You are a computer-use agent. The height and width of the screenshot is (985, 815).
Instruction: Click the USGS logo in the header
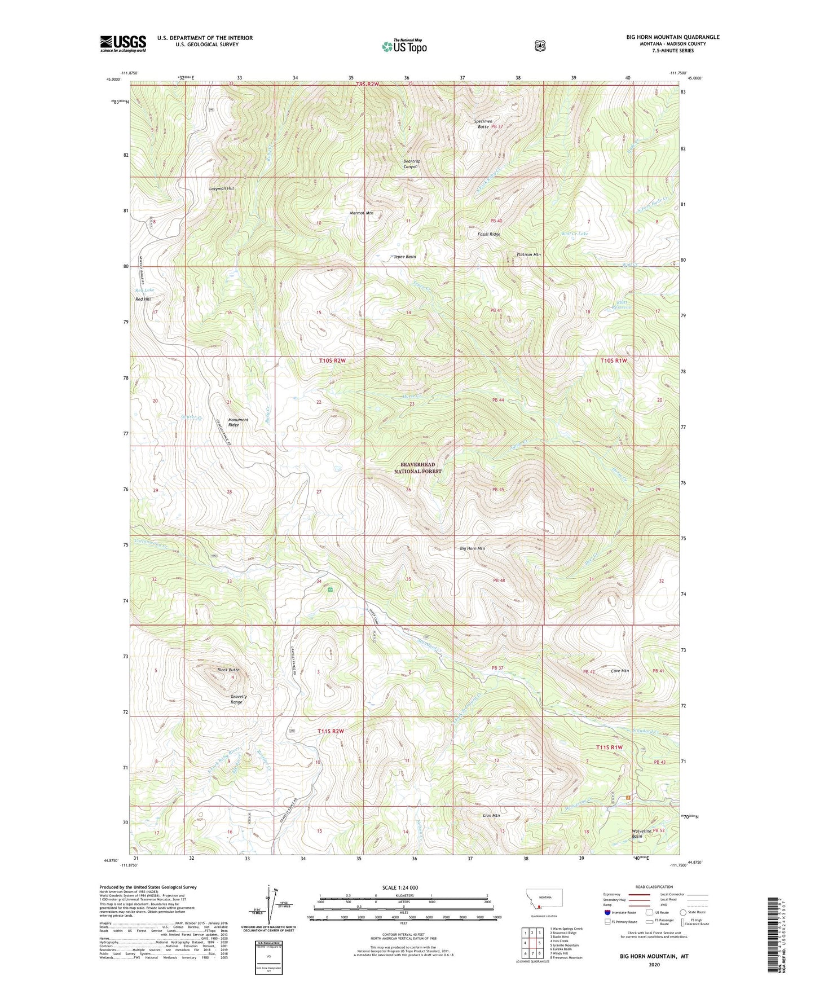[x=123, y=43]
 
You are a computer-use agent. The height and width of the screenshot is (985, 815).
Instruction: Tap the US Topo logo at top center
[x=403, y=46]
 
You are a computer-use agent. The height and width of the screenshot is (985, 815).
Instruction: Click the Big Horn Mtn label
[x=472, y=548]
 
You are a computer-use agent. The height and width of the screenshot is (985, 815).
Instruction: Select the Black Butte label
[x=228, y=670]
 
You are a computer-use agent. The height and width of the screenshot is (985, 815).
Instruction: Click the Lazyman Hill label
[x=221, y=188]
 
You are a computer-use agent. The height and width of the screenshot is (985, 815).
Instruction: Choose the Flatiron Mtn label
[x=528, y=255]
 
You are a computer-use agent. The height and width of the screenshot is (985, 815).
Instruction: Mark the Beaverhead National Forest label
[x=417, y=468]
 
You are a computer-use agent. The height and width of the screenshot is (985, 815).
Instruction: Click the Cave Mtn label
[x=620, y=671]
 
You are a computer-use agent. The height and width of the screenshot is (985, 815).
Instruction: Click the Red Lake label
[x=144, y=290]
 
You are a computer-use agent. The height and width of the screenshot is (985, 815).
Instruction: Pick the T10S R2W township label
[x=332, y=360]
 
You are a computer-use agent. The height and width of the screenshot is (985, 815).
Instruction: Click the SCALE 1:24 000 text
[x=400, y=888]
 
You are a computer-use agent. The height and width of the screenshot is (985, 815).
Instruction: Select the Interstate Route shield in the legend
[x=607, y=912]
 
